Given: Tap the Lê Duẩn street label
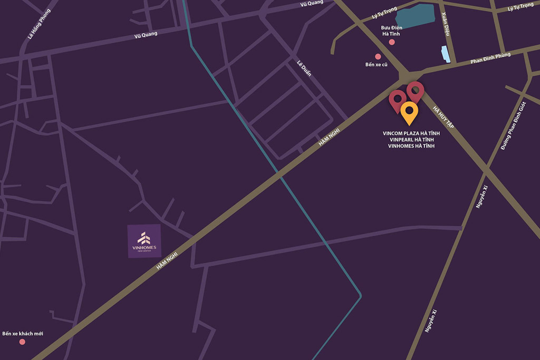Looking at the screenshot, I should click(304, 68).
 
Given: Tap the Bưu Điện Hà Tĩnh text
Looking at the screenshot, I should click(391, 30).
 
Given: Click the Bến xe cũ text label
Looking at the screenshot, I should click(377, 65).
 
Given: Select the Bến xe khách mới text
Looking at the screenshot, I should click(23, 334).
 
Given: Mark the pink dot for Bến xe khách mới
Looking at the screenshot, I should click(22, 342).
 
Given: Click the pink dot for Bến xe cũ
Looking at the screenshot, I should click(378, 56).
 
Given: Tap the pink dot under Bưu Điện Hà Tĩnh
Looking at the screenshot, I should click(391, 42).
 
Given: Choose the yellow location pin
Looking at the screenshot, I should click(409, 112).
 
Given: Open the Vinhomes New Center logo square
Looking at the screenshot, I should click(144, 241).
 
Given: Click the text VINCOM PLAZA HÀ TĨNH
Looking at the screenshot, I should click(411, 133).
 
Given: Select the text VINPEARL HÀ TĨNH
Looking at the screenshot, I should click(411, 140).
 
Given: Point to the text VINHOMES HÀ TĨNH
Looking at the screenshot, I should click(411, 146).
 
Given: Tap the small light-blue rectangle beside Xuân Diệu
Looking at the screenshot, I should click(446, 54).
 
